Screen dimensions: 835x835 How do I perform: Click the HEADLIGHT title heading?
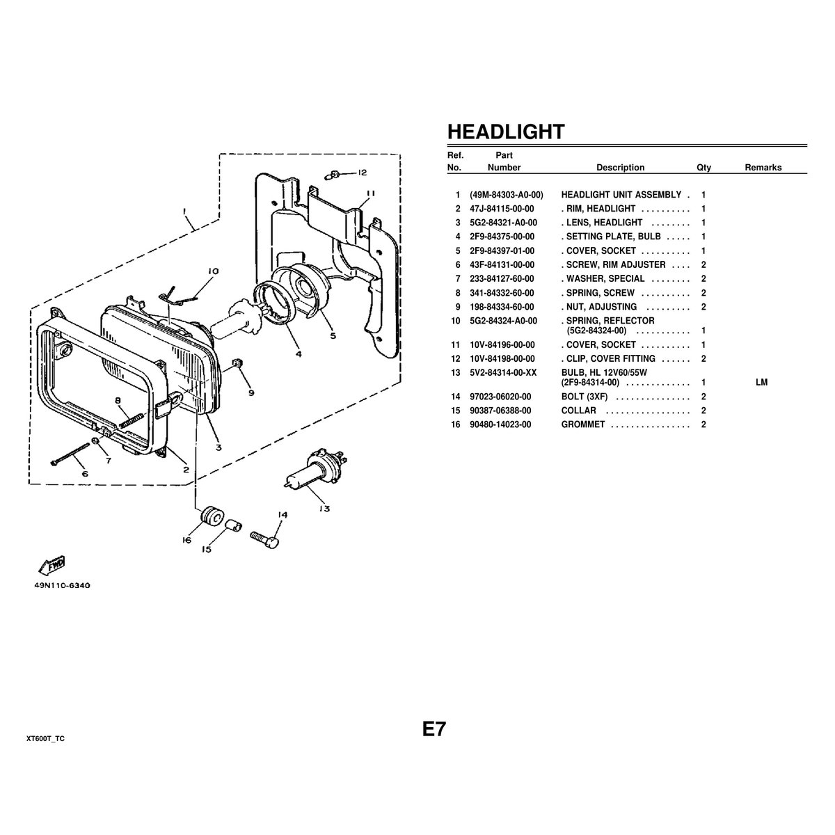pyautogui.click(x=505, y=132)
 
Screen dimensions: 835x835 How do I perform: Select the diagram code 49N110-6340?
pyautogui.click(x=62, y=585)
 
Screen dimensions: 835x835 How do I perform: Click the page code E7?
pyautogui.click(x=434, y=729)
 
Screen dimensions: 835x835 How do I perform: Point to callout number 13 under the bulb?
pyautogui.click(x=324, y=509)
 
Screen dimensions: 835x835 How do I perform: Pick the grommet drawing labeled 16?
pyautogui.click(x=209, y=517)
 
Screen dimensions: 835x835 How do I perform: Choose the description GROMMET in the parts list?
pyautogui.click(x=583, y=424)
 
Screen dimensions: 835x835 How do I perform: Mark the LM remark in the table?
pyautogui.click(x=761, y=383)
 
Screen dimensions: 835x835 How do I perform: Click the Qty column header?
pyautogui.click(x=703, y=168)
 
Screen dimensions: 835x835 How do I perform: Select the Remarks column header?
pyautogui.click(x=763, y=168)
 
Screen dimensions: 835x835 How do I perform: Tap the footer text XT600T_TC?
pyautogui.click(x=45, y=738)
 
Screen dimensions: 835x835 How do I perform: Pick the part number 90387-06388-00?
pyautogui.click(x=500, y=411)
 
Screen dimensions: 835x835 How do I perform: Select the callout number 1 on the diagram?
pyautogui.click(x=184, y=210)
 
